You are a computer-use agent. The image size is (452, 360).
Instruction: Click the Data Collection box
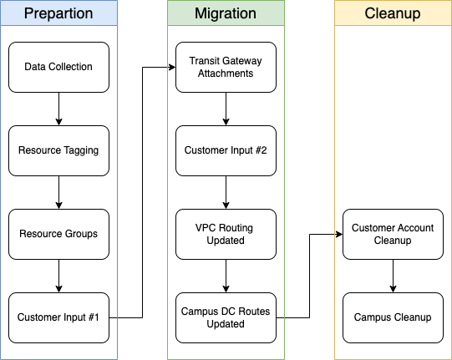58,67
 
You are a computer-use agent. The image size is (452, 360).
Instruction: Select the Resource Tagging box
58,150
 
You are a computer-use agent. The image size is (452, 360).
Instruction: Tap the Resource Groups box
58,235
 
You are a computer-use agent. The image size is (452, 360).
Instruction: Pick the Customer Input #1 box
58,318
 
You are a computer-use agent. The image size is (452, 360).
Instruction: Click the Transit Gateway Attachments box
226,67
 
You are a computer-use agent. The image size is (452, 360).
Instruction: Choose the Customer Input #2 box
226,150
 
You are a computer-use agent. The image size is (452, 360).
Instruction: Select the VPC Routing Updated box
226,235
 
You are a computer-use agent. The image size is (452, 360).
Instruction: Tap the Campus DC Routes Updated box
226,318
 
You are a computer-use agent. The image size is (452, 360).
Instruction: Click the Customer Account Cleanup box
393,235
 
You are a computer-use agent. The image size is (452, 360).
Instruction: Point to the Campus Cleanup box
393,318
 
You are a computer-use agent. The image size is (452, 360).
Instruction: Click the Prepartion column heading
58,13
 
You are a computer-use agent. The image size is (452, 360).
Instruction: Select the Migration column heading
226,13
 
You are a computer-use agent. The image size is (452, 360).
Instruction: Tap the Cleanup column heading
393,13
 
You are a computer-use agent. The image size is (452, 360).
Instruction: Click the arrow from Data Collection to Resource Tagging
58,109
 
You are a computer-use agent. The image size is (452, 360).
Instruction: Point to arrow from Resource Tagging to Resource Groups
58,193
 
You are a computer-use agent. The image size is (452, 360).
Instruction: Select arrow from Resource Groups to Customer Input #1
58,276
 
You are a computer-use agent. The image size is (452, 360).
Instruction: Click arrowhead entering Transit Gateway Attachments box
172,68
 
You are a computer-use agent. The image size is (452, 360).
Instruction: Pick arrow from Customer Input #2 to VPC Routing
226,193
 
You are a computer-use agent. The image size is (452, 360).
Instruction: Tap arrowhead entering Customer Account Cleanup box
339,235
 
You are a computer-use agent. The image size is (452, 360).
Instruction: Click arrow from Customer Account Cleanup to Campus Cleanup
393,276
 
